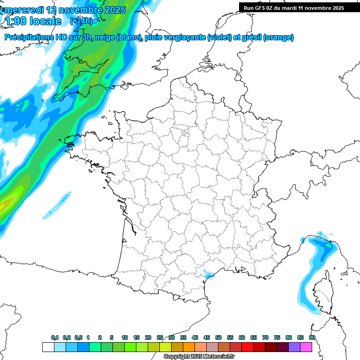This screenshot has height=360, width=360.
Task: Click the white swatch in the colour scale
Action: pyautogui.click(x=48, y=347)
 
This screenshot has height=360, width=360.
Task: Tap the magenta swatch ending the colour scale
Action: pyautogui.click(x=307, y=347)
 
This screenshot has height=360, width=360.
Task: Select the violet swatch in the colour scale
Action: pyautogui.click(x=294, y=347)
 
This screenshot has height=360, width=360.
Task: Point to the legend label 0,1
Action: pyautogui.click(x=55, y=338)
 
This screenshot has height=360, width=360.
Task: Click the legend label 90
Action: pyautogui.click(x=312, y=338)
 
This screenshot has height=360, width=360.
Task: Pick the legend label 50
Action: pyautogui.click(x=218, y=338)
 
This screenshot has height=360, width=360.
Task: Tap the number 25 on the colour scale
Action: pyautogui.click(x=160, y=338)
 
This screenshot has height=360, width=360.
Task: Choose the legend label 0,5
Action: pyautogui.click(x=78, y=338)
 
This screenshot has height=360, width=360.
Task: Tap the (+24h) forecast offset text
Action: pyautogui.click(x=81, y=21)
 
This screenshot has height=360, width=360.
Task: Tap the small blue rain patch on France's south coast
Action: pyautogui.click(x=207, y=273)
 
